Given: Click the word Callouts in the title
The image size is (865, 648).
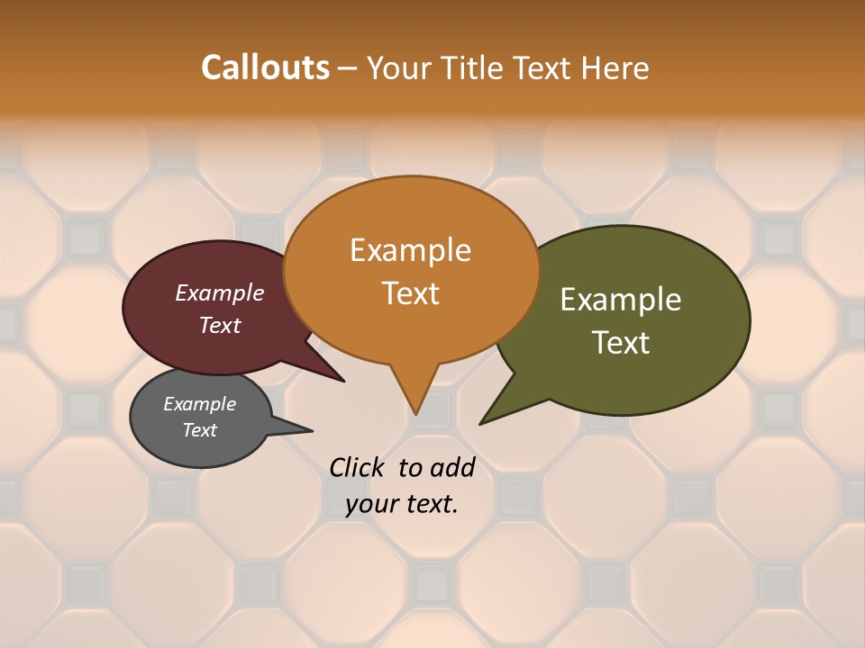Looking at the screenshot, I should tap(265, 67).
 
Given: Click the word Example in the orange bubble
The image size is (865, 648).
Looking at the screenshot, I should tap(410, 250).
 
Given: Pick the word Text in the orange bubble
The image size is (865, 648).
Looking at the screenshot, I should tap(410, 292).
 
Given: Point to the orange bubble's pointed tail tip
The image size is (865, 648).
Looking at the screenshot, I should tap(416, 414).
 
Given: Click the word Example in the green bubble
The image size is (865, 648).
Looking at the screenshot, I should tap(621, 300).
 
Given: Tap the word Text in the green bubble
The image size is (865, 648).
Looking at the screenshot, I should tap(621, 342).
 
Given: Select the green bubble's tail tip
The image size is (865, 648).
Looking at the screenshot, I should tap(481, 423).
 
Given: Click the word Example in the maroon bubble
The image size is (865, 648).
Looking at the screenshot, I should tap(220, 292).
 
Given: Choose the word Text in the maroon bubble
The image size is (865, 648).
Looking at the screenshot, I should tap(220, 325).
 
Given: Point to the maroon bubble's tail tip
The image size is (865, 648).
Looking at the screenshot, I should tap(344, 382).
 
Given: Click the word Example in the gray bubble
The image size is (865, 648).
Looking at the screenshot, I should tap(199, 404).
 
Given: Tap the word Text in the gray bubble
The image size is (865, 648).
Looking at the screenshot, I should tap(199, 430).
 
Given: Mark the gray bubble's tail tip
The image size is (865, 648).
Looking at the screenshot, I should tap(312, 430).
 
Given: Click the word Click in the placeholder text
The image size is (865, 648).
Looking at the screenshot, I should tap(358, 467).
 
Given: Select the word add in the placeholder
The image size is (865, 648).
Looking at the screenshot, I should tap(452, 467).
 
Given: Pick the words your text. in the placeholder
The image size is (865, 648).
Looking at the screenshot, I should tap(402, 504).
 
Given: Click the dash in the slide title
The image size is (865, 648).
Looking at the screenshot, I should tap(347, 68).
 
